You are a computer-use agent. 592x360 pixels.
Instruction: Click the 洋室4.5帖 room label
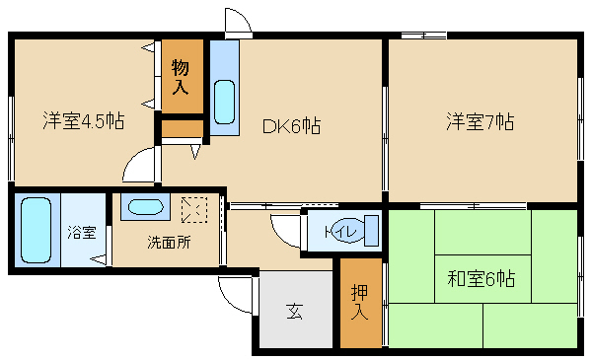click(x=84, y=120)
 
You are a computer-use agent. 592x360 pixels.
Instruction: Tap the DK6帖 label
click(x=291, y=125)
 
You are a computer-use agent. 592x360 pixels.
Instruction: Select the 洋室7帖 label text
click(x=480, y=121)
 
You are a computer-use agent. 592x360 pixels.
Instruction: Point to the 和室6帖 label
click(x=481, y=278)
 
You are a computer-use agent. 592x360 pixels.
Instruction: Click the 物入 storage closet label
click(x=181, y=77)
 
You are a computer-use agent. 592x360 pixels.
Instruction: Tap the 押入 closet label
click(x=359, y=303)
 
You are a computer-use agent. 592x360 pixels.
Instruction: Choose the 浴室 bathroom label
click(x=82, y=232)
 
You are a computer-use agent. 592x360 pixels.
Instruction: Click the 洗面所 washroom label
click(x=169, y=243)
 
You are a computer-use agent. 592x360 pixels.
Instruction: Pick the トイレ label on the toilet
click(x=341, y=232)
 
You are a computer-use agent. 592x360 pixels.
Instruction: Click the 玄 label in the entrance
click(x=294, y=312)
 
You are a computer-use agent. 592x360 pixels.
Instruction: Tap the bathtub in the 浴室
click(x=37, y=230)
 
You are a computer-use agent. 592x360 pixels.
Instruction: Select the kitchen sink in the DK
click(x=224, y=102)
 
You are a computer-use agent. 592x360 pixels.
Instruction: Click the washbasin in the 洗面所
click(x=145, y=207)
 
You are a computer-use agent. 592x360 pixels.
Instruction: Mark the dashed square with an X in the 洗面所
click(x=194, y=209)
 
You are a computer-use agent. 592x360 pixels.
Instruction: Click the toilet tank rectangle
click(x=372, y=231)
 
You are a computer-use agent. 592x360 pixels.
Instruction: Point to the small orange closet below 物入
click(x=183, y=128)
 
